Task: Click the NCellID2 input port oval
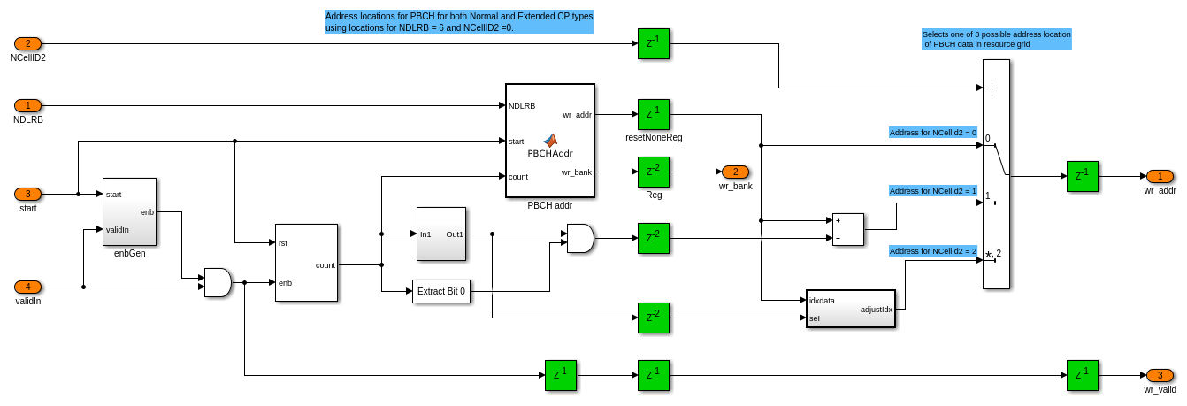pos(27,43)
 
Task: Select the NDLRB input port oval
pos(27,105)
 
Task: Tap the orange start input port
pos(27,194)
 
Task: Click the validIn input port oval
pos(27,287)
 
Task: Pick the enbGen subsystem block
pos(129,211)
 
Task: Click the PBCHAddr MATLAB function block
pos(549,141)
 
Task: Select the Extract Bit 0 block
pos(441,291)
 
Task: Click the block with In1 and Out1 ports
pos(440,234)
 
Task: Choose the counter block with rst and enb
pos(306,263)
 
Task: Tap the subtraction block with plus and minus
pos(847,228)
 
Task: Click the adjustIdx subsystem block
pos(850,309)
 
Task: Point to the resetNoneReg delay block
pos(653,114)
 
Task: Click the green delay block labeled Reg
pos(653,172)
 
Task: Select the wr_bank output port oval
pos(735,172)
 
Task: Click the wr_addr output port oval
pos(1160,176)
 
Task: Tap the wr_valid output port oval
pos(1160,375)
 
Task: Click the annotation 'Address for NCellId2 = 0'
pos(933,133)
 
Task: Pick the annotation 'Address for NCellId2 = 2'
pos(933,251)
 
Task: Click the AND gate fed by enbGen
pos(217,282)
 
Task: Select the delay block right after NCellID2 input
pos(653,43)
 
